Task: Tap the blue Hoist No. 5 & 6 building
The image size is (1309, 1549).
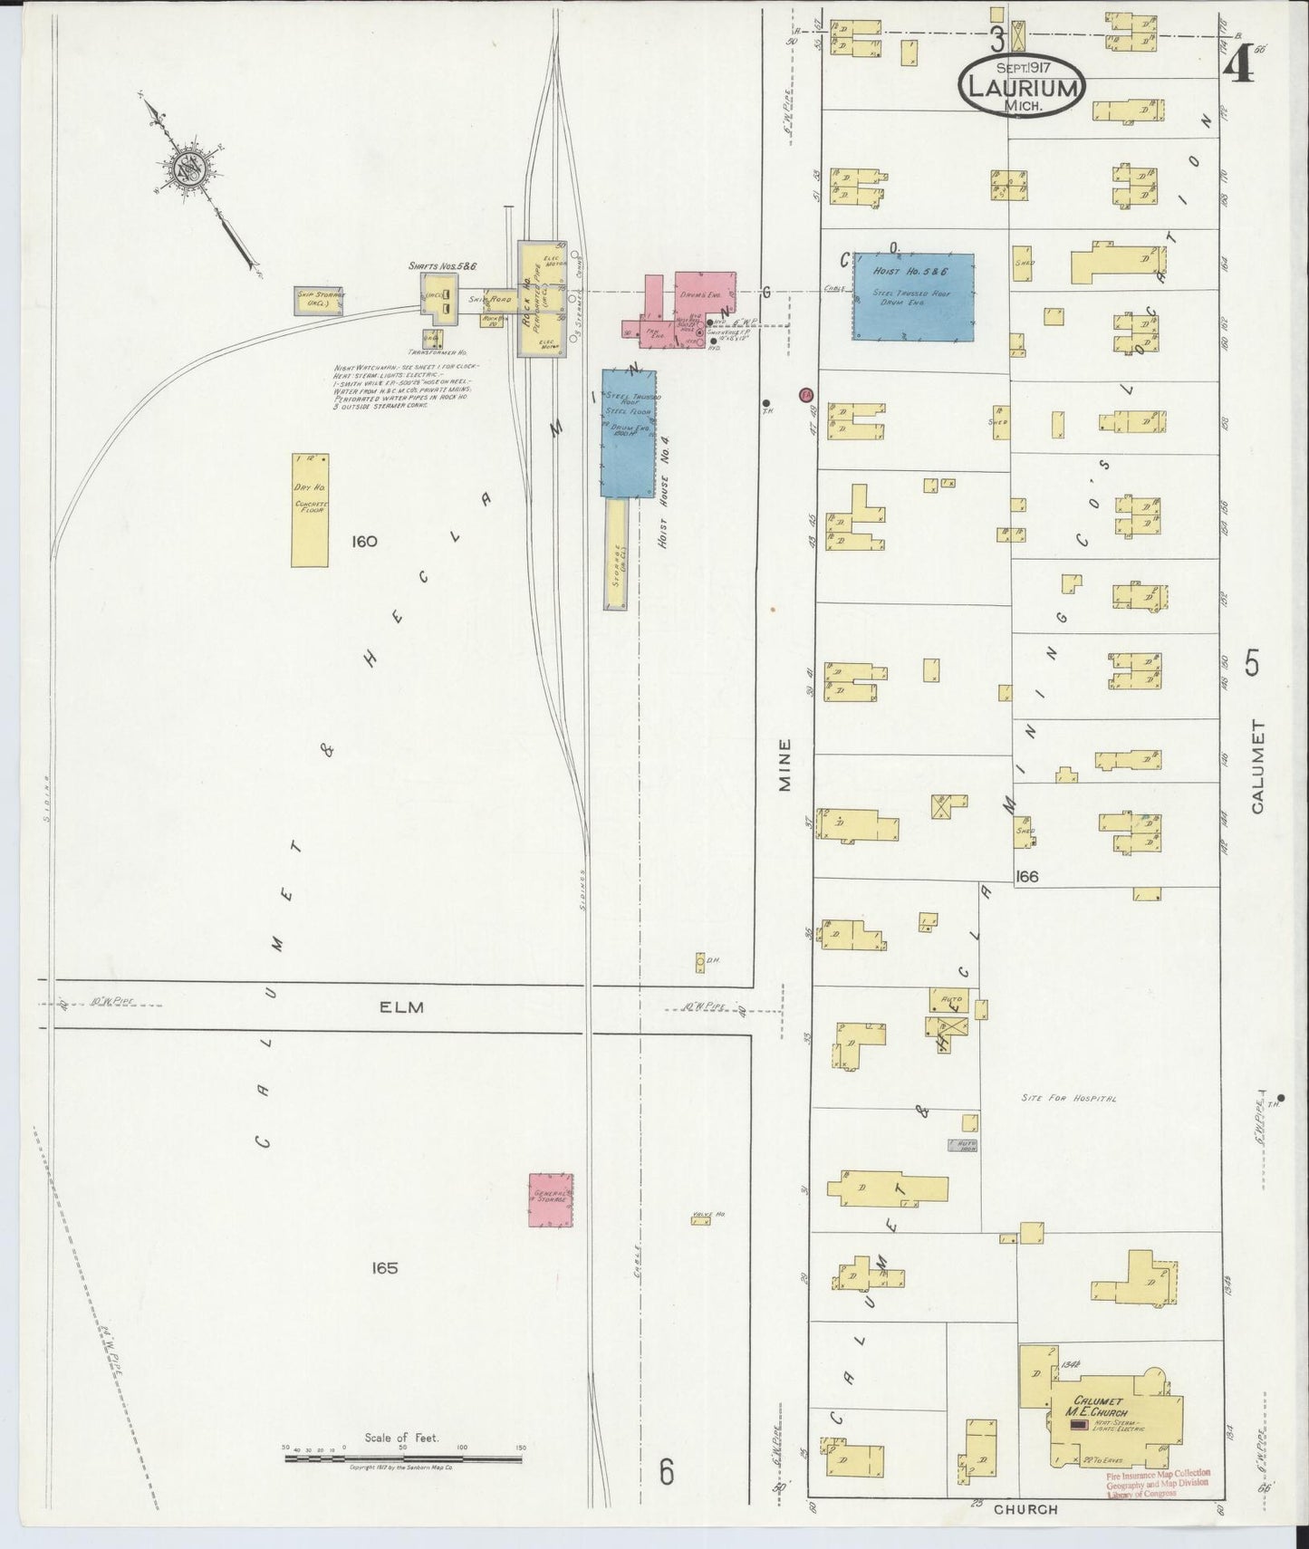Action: [x=913, y=296]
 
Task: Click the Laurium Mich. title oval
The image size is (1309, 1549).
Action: [x=1019, y=87]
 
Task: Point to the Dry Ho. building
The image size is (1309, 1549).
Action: [x=310, y=510]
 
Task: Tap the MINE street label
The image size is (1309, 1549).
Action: [x=784, y=765]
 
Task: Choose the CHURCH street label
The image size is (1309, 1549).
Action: [x=1025, y=1509]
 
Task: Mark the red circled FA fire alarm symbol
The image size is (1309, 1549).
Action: [x=805, y=395]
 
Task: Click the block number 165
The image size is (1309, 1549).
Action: [x=384, y=1268]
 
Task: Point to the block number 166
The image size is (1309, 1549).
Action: [x=1026, y=877]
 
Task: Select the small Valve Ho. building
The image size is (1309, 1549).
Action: [x=699, y=1221]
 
